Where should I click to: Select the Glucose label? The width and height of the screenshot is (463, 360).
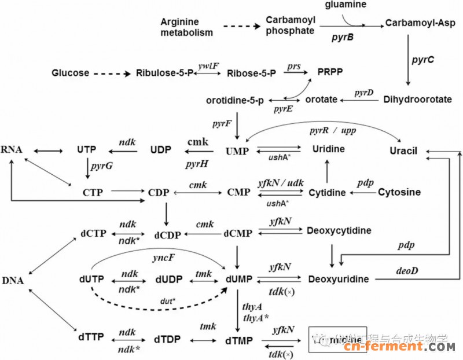point(70,73)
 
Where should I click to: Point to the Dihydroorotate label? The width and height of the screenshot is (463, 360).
point(417,100)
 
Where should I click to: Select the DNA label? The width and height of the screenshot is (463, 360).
point(13,281)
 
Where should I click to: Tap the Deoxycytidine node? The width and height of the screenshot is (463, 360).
point(339,231)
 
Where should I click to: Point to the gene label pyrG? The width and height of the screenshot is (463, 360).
point(101,167)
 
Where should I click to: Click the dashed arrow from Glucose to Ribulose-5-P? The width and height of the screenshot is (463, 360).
point(112,74)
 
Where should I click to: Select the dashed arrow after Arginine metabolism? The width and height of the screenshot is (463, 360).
point(240,27)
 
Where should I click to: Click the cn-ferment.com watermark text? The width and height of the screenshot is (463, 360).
point(399,347)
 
